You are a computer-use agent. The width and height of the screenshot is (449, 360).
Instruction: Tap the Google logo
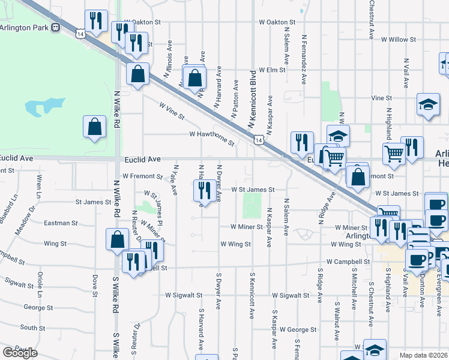click(x=20, y=353)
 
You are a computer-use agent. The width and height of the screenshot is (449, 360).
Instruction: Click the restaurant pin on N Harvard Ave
click(x=204, y=191)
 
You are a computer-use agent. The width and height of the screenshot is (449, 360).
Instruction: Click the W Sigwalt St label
click(x=291, y=295)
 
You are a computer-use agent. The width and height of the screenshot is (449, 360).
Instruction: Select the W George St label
click(x=297, y=329)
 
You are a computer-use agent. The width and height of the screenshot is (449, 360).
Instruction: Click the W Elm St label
click(x=268, y=70)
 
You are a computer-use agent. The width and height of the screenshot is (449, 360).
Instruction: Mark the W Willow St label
click(x=398, y=40)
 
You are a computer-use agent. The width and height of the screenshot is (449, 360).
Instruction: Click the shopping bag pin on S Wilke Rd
click(x=117, y=239)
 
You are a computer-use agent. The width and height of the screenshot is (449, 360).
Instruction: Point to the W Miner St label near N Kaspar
click(x=249, y=227)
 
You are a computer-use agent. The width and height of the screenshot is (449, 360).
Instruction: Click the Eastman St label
click(x=62, y=223)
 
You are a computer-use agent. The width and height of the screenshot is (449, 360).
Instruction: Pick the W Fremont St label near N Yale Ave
click(x=142, y=176)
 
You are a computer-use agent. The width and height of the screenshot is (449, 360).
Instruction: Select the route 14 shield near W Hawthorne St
click(x=258, y=140)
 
